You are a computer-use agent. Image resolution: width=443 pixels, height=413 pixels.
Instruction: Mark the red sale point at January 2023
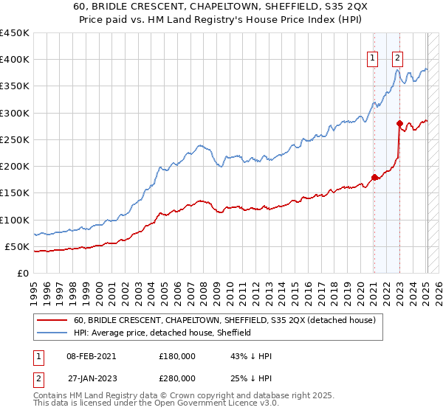pyautogui.click(x=399, y=124)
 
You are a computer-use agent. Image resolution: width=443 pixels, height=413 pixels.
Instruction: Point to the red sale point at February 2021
pyautogui.click(x=374, y=177)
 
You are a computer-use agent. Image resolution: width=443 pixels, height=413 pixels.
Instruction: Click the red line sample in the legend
pyautogui.click(x=52, y=320)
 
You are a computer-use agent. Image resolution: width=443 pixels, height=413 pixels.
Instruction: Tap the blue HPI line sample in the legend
pyautogui.click(x=52, y=333)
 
